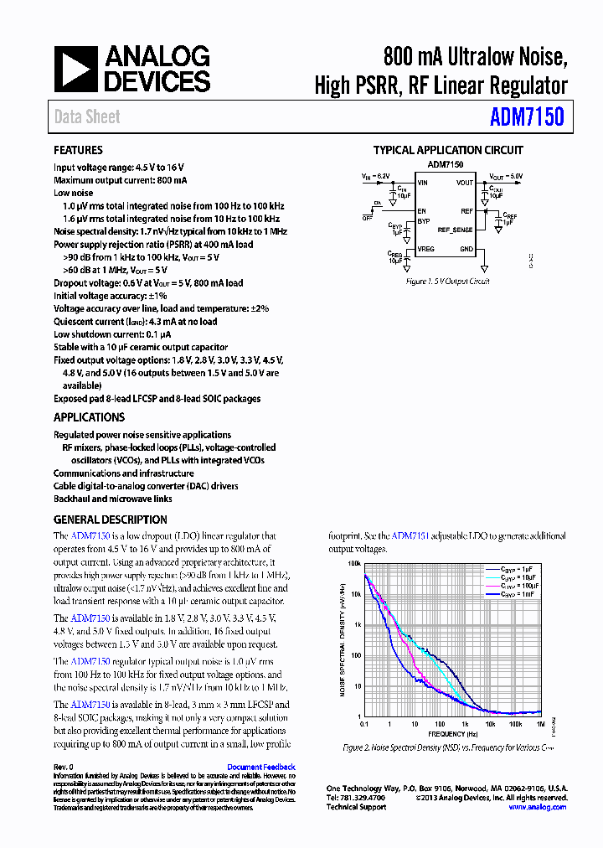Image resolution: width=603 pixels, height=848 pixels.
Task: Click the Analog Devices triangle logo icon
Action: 75,68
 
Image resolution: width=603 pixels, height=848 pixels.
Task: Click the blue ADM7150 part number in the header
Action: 527,116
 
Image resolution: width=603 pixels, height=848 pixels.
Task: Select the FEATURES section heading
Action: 78,151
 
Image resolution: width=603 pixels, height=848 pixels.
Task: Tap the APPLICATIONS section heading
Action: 89,417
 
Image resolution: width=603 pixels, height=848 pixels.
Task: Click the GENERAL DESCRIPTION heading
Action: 111,520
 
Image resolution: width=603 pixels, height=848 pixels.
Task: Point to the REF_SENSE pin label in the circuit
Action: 456,230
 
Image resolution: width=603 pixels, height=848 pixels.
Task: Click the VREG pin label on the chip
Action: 425,249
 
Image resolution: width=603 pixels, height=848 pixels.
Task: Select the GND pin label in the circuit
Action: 466,249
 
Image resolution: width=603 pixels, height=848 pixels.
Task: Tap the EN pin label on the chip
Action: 422,211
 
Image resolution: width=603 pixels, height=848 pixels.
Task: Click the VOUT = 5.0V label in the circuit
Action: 506,177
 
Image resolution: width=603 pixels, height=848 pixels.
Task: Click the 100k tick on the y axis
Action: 354,564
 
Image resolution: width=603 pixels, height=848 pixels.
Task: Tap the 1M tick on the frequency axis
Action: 540,723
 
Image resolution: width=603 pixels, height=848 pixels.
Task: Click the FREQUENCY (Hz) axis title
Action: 452,733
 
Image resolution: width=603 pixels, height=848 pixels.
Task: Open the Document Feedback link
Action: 261,767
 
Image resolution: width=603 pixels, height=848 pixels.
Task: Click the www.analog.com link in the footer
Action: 538,807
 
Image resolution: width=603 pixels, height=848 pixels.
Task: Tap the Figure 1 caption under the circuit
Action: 448,282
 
